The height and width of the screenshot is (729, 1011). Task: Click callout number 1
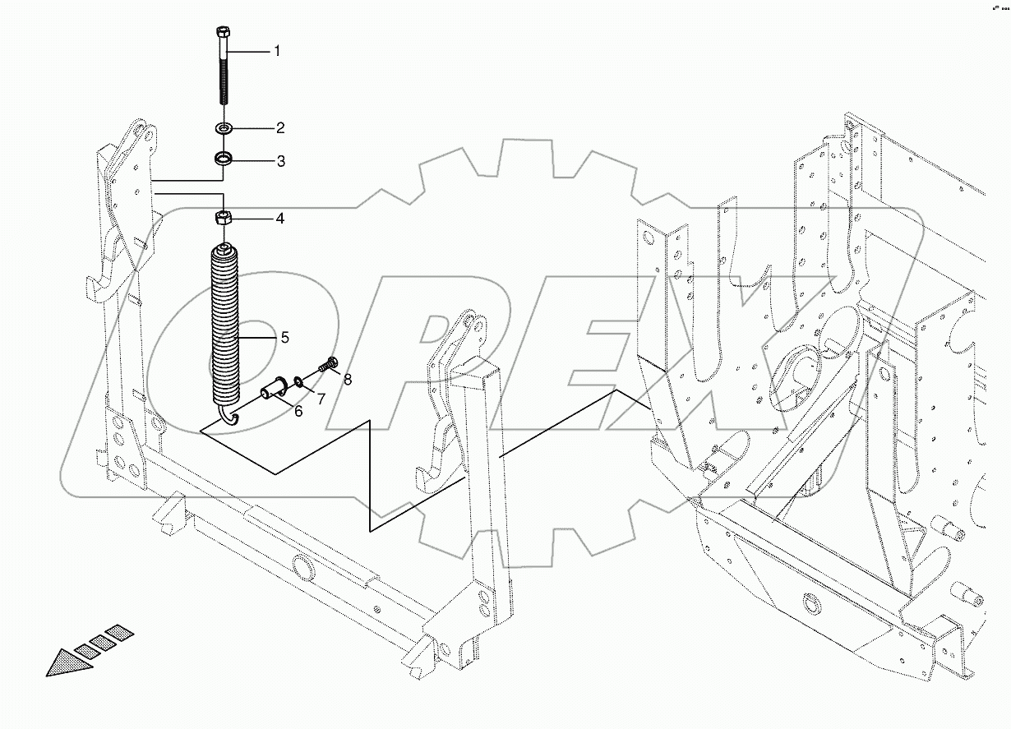(277, 51)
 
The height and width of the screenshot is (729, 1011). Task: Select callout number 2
(280, 128)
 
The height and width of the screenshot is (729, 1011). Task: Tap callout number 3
(280, 161)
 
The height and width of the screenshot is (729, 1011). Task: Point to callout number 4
(280, 219)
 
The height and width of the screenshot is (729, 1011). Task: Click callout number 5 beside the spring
(284, 337)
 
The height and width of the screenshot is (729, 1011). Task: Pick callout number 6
(298, 410)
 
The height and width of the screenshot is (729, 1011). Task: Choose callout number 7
(321, 399)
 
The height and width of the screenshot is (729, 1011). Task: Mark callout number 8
(348, 380)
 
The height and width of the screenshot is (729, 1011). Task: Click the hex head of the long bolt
(224, 33)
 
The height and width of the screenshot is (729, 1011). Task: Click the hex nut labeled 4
(224, 219)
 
